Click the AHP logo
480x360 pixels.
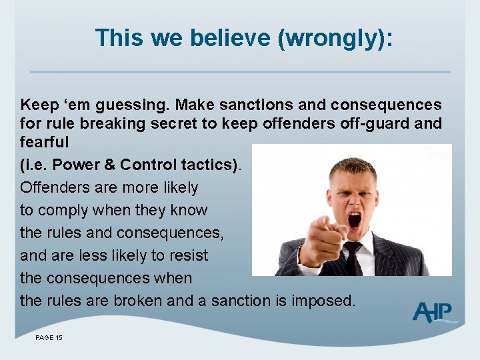(434, 311)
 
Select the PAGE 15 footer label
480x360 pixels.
(49, 338)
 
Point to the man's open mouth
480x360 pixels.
(354, 219)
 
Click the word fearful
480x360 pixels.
(45, 142)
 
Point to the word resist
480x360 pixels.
(188, 255)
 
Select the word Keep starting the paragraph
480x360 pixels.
(39, 105)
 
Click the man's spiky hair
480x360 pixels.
(353, 167)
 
